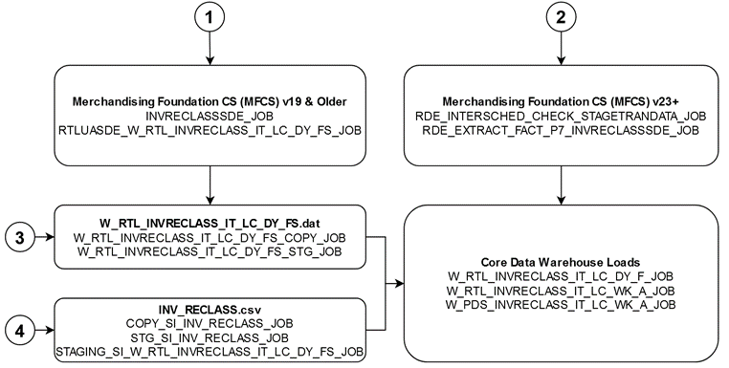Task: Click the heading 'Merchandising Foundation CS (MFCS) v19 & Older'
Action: tap(209, 101)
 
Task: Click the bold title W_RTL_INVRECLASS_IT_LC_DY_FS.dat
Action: tap(209, 222)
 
